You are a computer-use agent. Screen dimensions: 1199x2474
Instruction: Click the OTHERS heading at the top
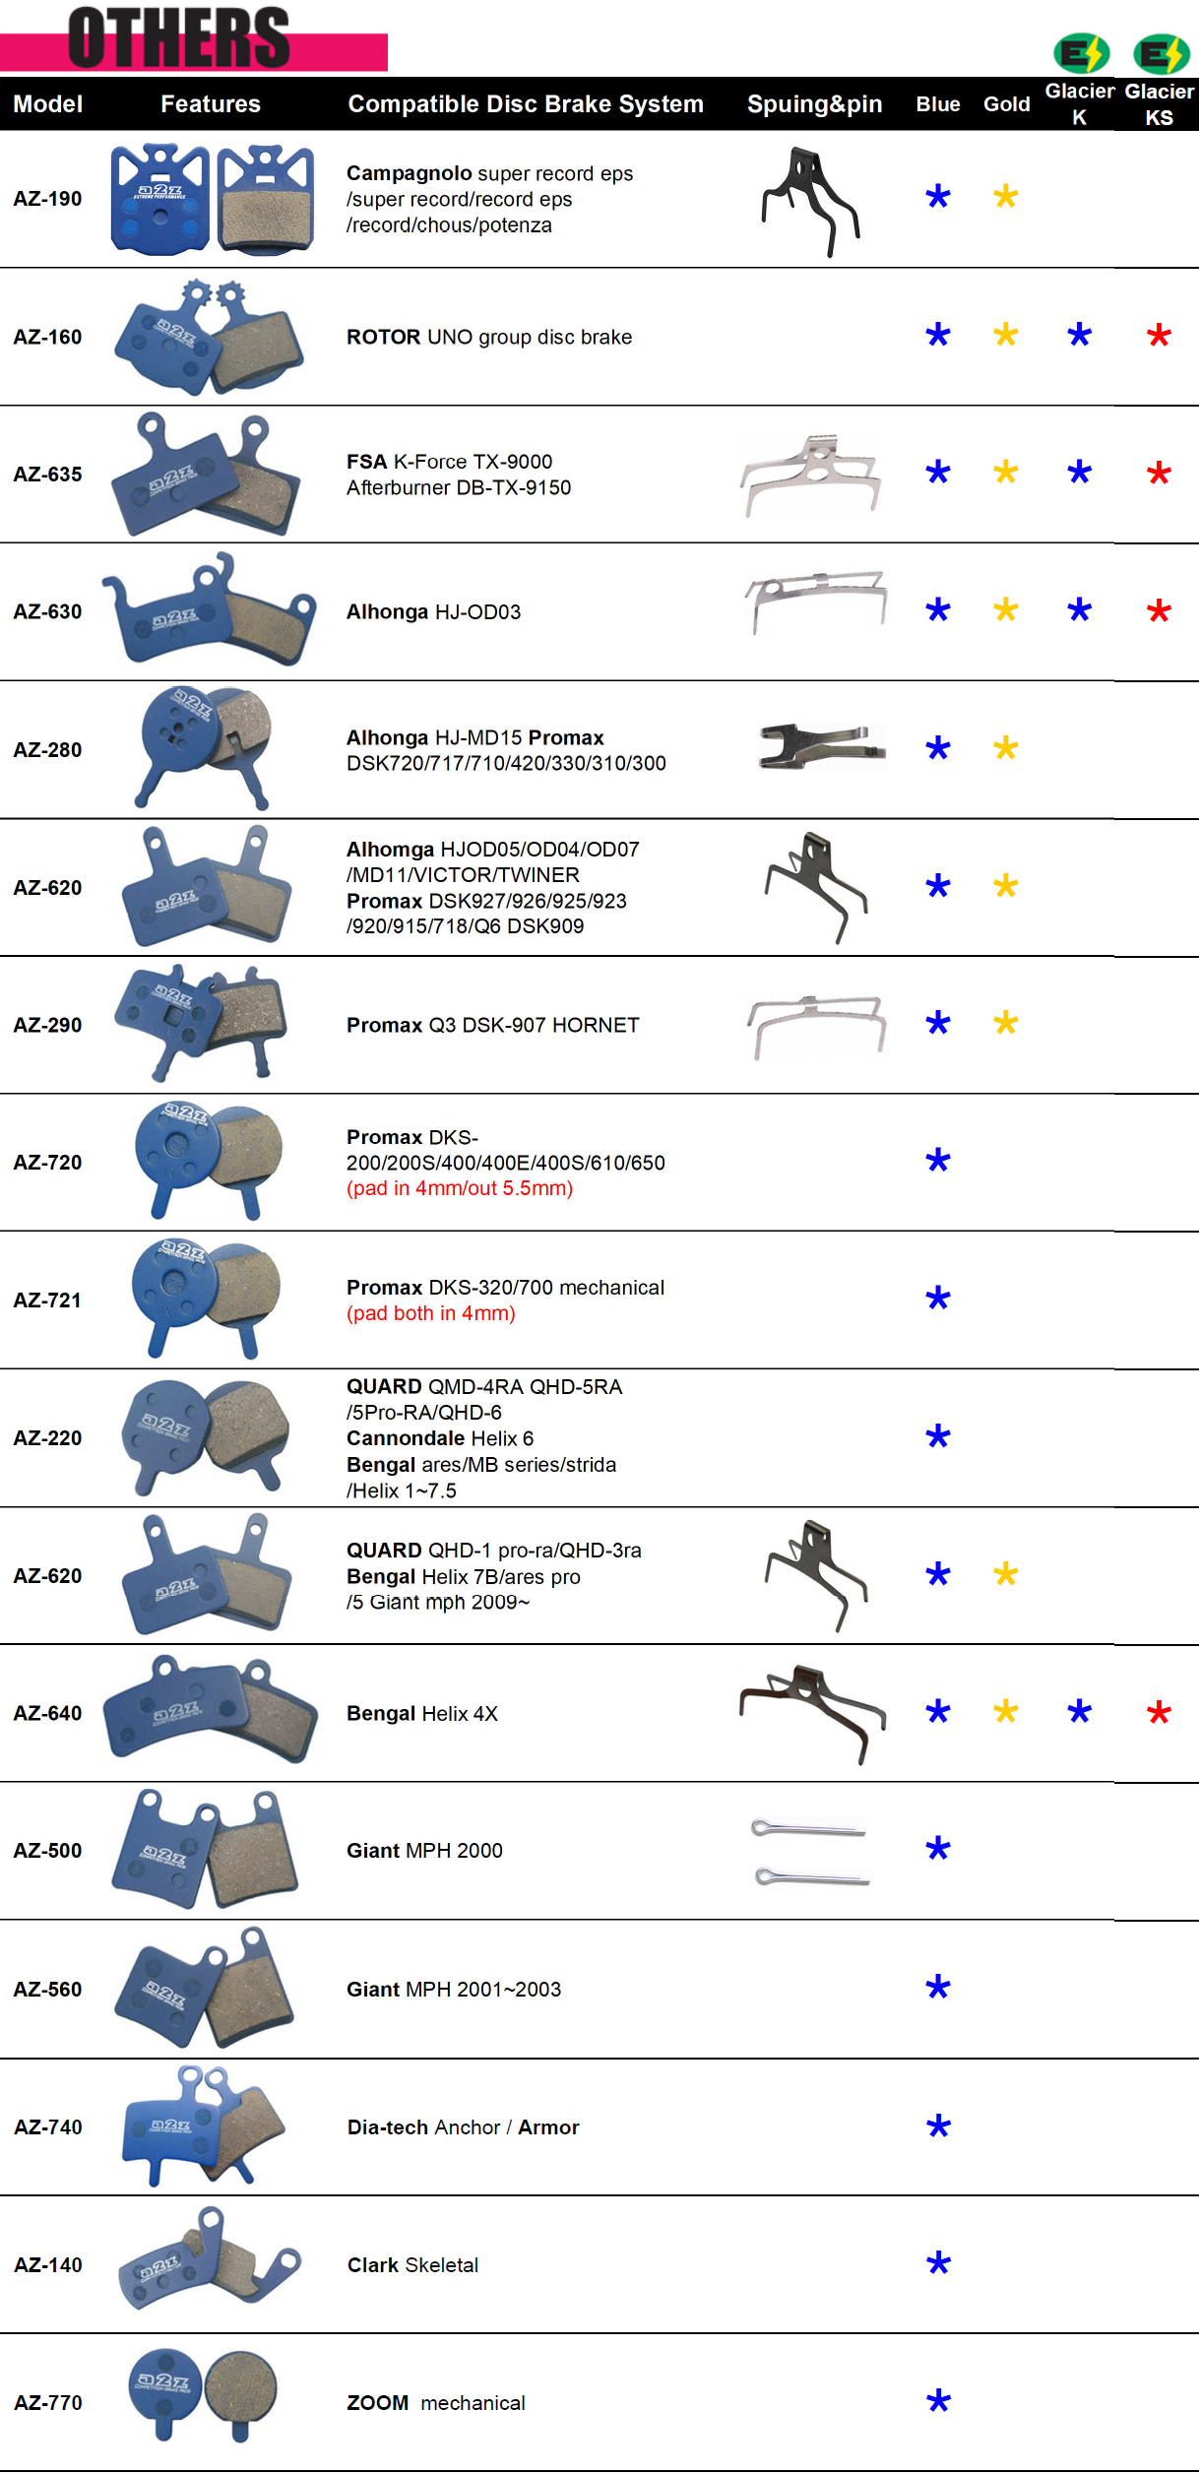click(178, 37)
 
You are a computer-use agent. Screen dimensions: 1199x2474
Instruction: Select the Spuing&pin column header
click(814, 104)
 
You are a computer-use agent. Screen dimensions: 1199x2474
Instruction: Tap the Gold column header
click(1006, 104)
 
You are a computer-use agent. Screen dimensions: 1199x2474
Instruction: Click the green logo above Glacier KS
click(1161, 53)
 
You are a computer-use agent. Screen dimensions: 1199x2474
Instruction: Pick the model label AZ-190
click(47, 199)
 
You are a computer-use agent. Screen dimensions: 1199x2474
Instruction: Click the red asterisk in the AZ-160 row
click(1159, 336)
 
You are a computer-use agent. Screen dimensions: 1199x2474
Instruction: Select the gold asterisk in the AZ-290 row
click(1005, 1023)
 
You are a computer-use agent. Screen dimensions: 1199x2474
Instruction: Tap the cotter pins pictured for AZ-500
click(809, 1852)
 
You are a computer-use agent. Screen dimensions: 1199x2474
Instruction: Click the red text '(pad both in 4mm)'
click(430, 1313)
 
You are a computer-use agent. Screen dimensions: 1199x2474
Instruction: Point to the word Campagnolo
click(409, 173)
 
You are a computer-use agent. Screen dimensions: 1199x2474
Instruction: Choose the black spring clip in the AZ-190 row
click(809, 201)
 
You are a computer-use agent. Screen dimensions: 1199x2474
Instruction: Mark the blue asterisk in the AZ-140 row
click(938, 2263)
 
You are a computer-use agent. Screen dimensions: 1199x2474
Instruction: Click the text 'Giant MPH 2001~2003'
click(453, 1990)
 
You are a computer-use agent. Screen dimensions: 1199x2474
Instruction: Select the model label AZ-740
click(47, 2127)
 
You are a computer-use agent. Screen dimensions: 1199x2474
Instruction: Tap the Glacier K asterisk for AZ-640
click(1079, 1712)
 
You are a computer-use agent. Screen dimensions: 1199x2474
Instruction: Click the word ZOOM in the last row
click(377, 2403)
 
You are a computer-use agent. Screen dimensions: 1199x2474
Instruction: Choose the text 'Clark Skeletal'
click(412, 2265)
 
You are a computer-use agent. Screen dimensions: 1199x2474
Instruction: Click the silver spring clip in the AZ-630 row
click(815, 601)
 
